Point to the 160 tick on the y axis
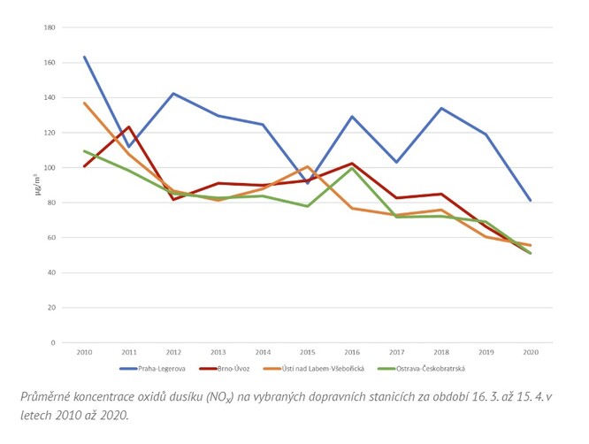coord(50,63)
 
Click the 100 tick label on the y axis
coord(50,168)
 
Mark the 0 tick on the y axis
coord(53,342)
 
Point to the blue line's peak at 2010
coord(84,57)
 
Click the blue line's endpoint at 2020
coord(530,201)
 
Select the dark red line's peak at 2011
coord(128,127)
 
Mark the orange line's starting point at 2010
coord(84,103)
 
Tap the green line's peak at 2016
coord(352,168)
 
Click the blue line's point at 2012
coord(173,94)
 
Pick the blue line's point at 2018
coord(440,109)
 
